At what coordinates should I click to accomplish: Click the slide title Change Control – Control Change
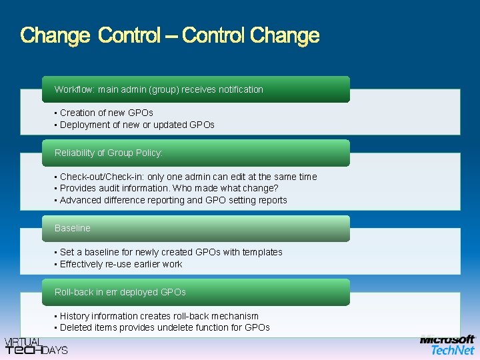170,35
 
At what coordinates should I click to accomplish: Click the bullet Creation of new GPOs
106,113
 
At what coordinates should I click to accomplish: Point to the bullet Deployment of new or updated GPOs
137,125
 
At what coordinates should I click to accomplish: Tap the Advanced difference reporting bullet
173,200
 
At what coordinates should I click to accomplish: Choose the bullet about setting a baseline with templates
171,252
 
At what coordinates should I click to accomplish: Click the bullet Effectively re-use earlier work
121,264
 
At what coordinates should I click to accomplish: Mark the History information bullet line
159,316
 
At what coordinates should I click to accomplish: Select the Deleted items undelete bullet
165,327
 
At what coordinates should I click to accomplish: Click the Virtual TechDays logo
36,345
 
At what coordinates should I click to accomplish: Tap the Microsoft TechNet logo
447,345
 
